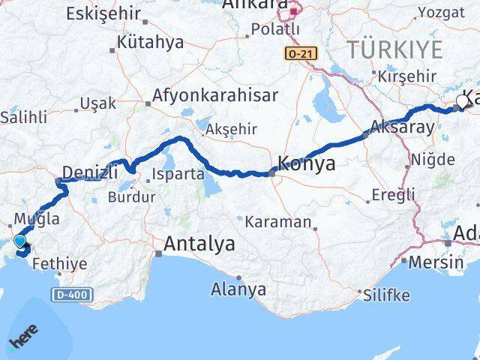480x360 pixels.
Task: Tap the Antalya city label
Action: click(199, 244)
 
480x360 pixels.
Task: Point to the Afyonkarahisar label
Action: click(215, 96)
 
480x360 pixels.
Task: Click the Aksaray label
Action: click(402, 127)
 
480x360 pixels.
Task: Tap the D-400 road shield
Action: click(73, 294)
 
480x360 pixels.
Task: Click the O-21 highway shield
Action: click(300, 54)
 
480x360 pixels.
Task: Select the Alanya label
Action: click(238, 289)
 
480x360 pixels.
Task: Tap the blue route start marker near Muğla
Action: click(19, 241)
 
